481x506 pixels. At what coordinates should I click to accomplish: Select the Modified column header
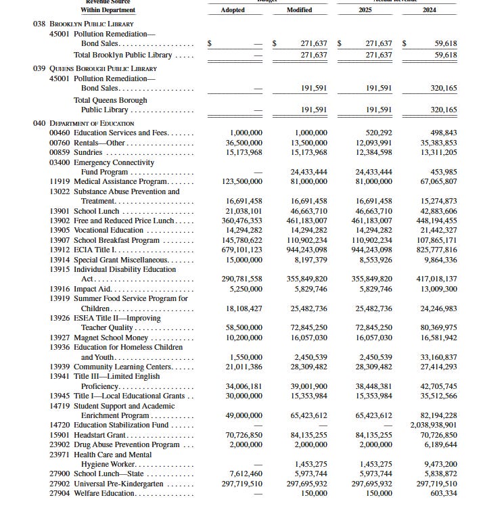[299, 10]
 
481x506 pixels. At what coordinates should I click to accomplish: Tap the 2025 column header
[366, 10]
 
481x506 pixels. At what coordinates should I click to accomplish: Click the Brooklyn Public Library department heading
[94, 24]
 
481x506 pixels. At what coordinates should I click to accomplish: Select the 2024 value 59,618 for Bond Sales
[442, 43]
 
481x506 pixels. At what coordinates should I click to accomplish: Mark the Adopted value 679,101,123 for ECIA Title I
[244, 250]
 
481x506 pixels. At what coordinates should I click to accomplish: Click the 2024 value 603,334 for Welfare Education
[442, 493]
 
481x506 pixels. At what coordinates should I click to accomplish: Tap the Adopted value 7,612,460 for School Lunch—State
[246, 474]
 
